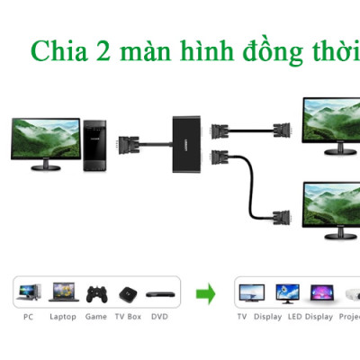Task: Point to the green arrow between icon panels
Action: pyautogui.click(x=207, y=292)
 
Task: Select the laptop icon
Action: pyautogui.click(x=62, y=292)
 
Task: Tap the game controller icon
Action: pyautogui.click(x=96, y=292)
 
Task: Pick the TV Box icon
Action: pyautogui.click(x=127, y=292)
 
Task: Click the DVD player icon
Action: pyautogui.click(x=159, y=293)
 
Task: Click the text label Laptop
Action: pyautogui.click(x=62, y=317)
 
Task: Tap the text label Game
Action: pyautogui.click(x=96, y=317)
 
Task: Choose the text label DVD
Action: pyautogui.click(x=159, y=317)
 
